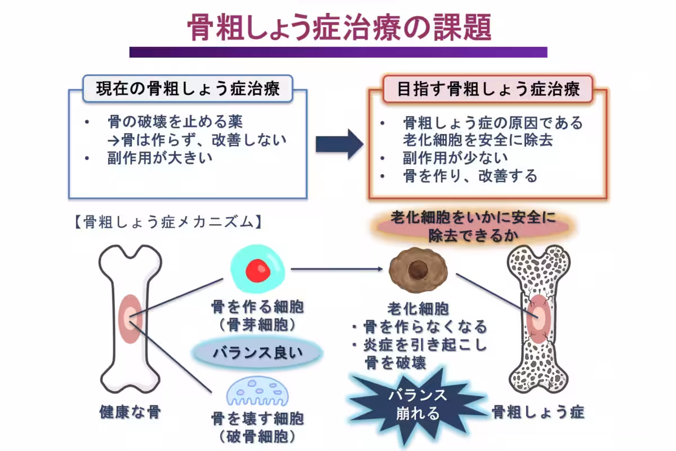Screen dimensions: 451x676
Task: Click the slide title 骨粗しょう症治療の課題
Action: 339,27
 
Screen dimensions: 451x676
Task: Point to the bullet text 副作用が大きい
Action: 160,158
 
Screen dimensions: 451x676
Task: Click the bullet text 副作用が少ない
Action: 456,158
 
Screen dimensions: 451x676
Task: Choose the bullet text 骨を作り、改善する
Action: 470,176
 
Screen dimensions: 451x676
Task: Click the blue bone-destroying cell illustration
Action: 257,391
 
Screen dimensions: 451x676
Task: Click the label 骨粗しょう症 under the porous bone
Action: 538,412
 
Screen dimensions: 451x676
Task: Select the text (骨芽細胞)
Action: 257,325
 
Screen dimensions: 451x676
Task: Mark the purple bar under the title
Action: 339,52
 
